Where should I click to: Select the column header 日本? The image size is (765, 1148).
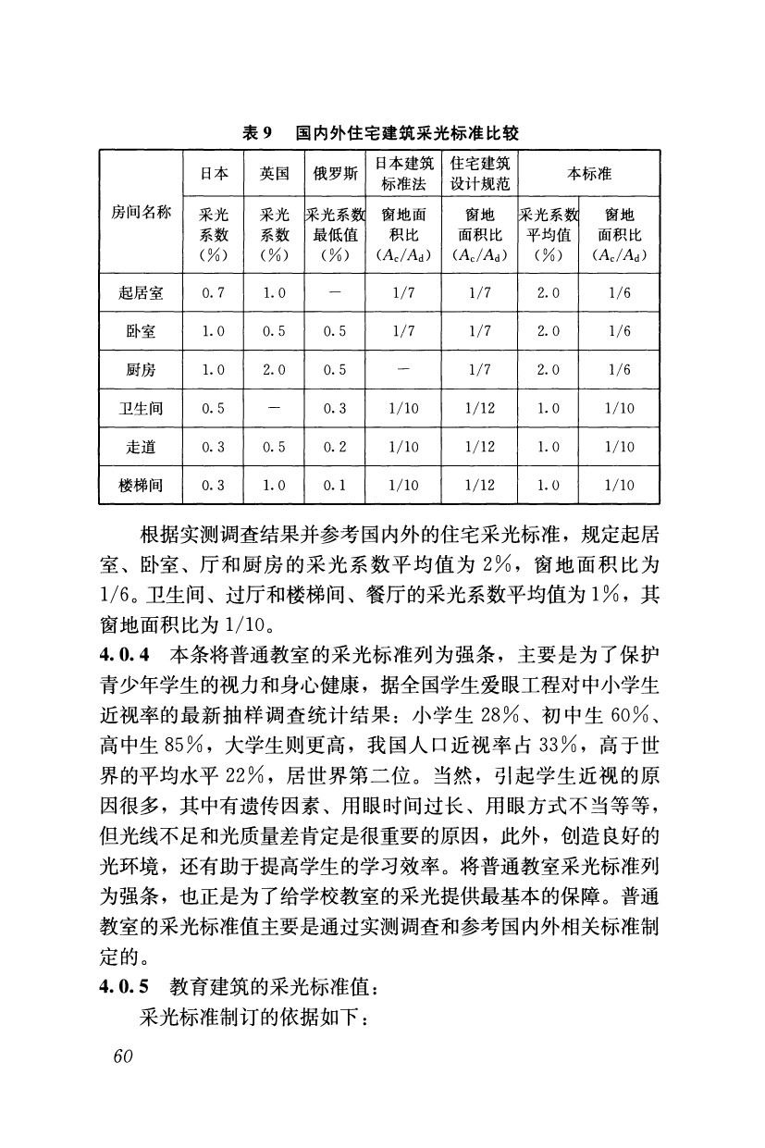(x=215, y=174)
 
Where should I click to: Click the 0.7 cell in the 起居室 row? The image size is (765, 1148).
(x=214, y=293)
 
